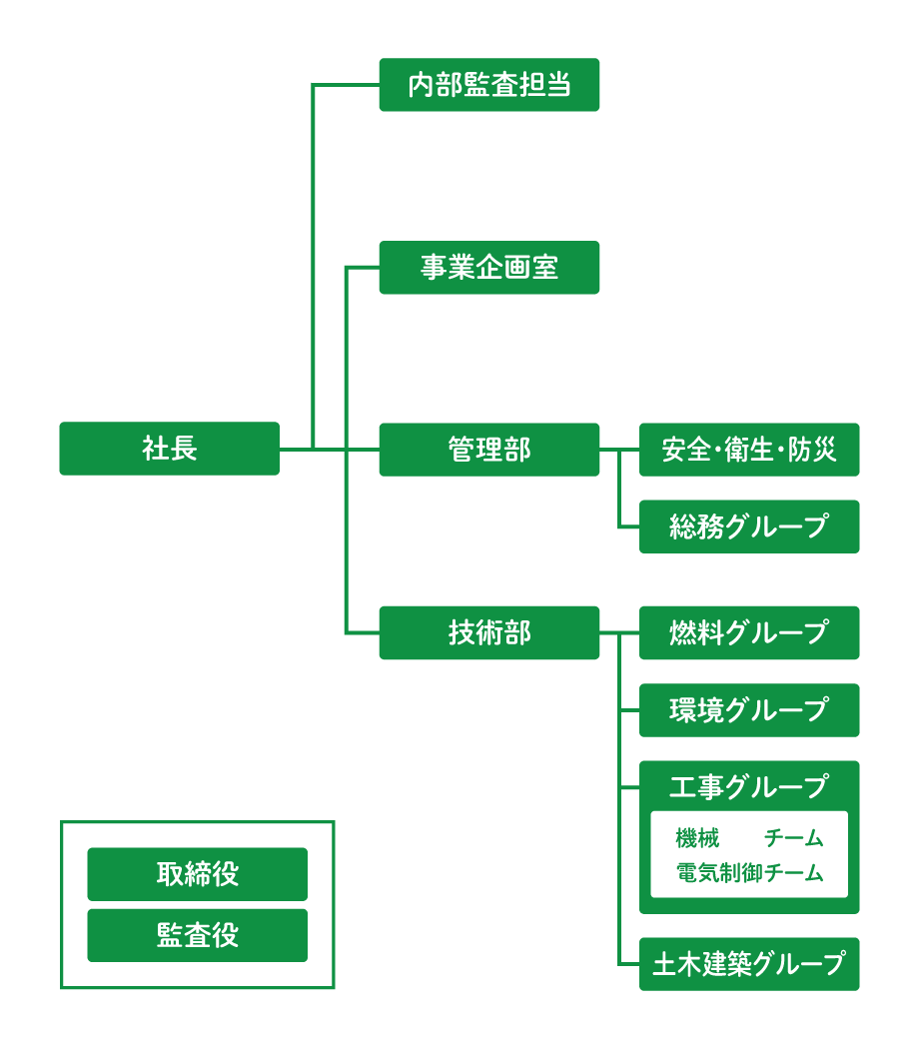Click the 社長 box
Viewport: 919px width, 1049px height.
pyautogui.click(x=169, y=449)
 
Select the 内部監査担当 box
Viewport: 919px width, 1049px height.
pyautogui.click(x=488, y=85)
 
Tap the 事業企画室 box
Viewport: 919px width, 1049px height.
pyautogui.click(x=488, y=268)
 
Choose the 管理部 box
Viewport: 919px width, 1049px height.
pyautogui.click(x=488, y=450)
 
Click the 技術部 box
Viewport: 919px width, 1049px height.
pyautogui.click(x=488, y=632)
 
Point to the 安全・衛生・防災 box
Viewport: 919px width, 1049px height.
pyautogui.click(x=749, y=450)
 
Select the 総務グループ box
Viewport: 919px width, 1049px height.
pyautogui.click(x=749, y=526)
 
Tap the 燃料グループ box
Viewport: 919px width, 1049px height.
pyautogui.click(x=749, y=632)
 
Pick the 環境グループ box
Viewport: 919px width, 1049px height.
pyautogui.click(x=749, y=710)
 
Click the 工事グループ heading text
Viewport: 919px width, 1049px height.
pyautogui.click(x=749, y=787)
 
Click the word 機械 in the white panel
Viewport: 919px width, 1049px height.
pyautogui.click(x=697, y=838)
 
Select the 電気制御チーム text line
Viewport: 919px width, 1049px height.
pyautogui.click(x=749, y=873)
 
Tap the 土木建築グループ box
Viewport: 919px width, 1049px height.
pyautogui.click(x=749, y=964)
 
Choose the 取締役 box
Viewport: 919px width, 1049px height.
pyautogui.click(x=197, y=874)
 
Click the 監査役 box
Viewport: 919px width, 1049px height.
pyautogui.click(x=197, y=935)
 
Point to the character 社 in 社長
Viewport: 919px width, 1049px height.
pyautogui.click(x=155, y=449)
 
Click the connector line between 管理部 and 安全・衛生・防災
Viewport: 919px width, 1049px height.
pyautogui.click(x=619, y=450)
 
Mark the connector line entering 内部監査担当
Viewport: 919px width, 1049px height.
pyautogui.click(x=346, y=85)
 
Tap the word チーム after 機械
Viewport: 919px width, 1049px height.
pyautogui.click(x=794, y=838)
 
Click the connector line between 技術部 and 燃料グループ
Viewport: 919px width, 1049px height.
pyautogui.click(x=619, y=632)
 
